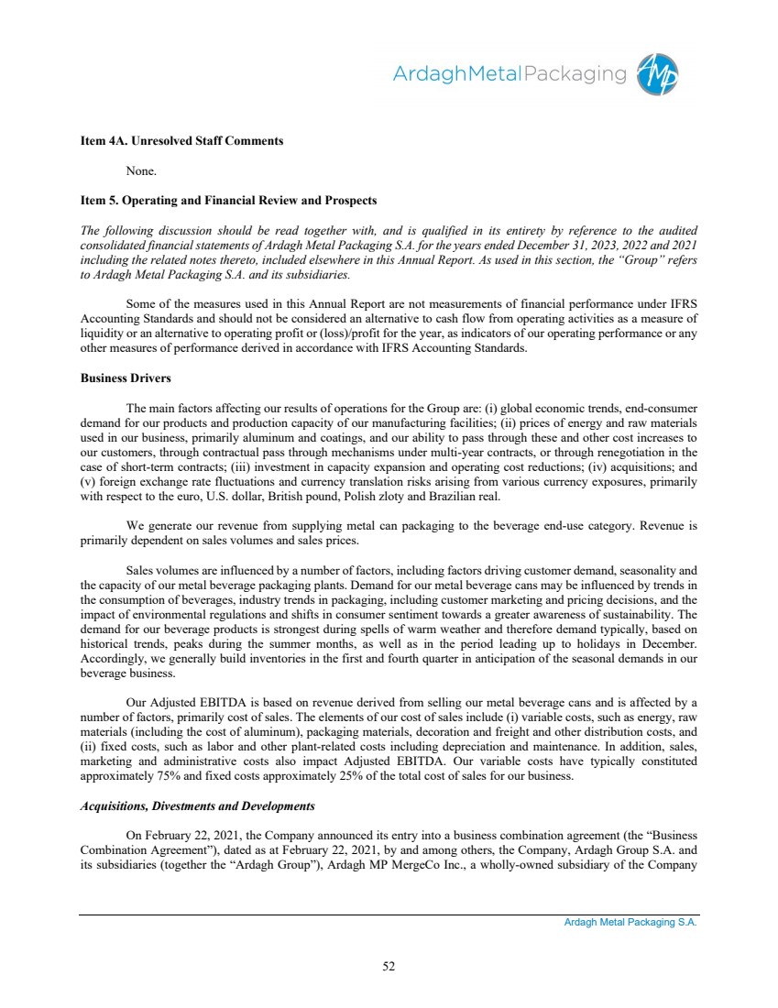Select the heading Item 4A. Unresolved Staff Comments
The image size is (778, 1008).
tap(181, 141)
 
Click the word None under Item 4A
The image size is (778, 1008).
tap(141, 170)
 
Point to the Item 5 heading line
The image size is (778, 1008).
tap(228, 200)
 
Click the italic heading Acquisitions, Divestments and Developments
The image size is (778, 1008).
tap(198, 806)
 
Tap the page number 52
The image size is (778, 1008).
tap(389, 964)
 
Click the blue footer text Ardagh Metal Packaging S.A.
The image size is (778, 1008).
tap(630, 923)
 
